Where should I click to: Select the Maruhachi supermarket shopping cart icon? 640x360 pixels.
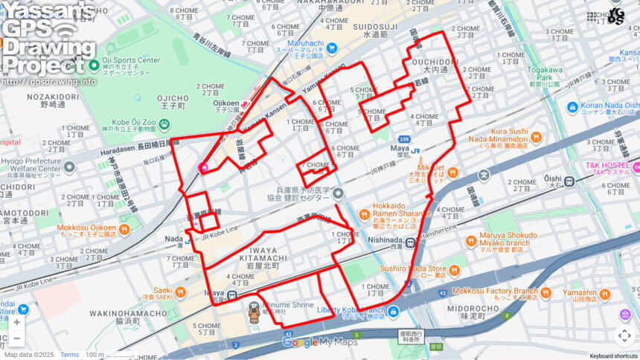coord(331,48)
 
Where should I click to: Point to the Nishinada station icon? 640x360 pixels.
coord(410,242)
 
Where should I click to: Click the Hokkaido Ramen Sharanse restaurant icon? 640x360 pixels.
coord(364,214)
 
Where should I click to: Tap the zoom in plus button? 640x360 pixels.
coord(16,322)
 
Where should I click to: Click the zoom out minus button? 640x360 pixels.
coord(16,339)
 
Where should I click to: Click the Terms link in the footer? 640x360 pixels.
coord(69,355)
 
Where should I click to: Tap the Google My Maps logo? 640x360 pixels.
coord(319,342)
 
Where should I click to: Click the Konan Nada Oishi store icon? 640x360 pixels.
coord(572,107)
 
